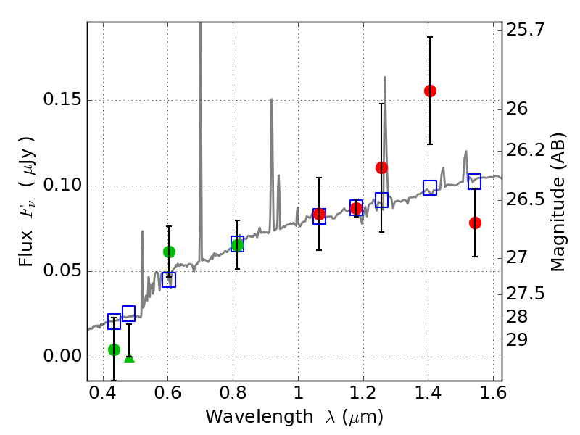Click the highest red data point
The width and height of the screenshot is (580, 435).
point(430,91)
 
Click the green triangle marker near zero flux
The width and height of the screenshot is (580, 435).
point(129,357)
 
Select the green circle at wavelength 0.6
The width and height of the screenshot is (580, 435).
point(169,252)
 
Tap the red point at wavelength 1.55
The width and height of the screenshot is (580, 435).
point(475,223)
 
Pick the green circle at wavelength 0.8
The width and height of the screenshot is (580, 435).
point(237,245)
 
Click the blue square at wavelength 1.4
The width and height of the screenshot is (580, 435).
point(430,188)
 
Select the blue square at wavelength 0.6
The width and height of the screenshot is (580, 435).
point(169,280)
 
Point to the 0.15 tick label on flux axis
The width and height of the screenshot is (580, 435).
point(63,101)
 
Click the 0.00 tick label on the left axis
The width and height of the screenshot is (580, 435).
point(63,357)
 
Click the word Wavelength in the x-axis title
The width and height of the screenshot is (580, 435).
point(249,417)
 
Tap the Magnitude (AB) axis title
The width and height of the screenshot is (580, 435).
point(558,202)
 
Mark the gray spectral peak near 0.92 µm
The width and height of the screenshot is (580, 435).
point(271,100)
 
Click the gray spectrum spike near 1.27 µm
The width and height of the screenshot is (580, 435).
point(384,78)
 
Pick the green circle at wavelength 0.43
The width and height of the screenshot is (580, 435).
point(114,349)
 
